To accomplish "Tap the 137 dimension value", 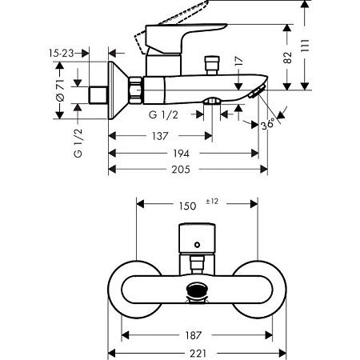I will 160,135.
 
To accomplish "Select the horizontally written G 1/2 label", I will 163,114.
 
